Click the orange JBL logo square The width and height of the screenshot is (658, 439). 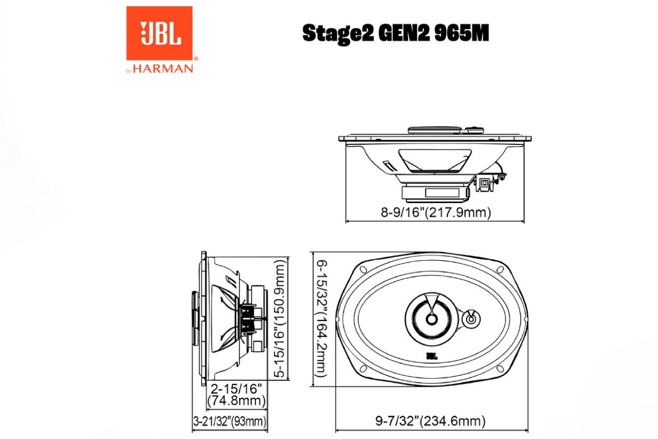[159, 33]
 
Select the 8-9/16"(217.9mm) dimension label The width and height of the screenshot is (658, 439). [435, 212]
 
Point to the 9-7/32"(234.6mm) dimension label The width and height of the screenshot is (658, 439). [430, 421]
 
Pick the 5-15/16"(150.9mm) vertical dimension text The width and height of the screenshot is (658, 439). [281, 318]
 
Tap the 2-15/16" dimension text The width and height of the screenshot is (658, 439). [236, 389]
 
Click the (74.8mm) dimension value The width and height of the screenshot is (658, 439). [236, 401]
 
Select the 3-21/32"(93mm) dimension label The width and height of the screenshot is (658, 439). [230, 421]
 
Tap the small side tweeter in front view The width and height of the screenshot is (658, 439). [470, 318]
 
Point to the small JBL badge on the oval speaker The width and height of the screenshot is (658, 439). [432, 356]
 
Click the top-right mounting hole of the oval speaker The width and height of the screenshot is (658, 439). [500, 270]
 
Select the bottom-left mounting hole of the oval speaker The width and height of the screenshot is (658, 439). [362, 368]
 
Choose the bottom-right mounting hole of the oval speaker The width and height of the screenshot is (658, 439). [500, 368]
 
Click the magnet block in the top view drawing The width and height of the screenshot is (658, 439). [434, 193]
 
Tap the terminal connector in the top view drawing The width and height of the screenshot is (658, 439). [486, 183]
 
